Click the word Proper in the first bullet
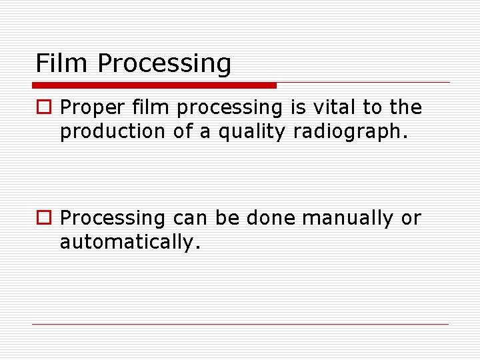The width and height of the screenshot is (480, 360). point(90,108)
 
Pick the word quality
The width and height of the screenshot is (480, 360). point(253,132)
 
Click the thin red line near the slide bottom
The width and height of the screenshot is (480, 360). point(240,325)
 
